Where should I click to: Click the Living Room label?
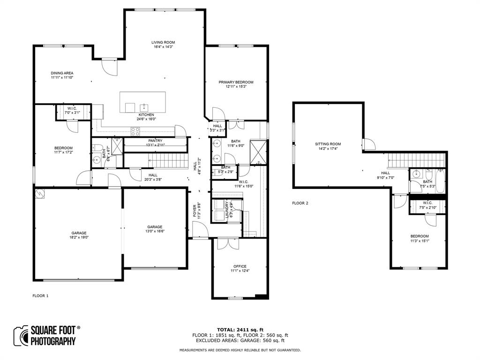(x=163, y=43)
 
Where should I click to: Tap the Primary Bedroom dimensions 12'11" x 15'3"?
(x=236, y=87)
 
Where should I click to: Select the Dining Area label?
(x=62, y=73)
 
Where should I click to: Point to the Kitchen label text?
(x=146, y=115)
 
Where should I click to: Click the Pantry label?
(x=155, y=141)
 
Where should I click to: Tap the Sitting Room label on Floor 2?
(x=328, y=144)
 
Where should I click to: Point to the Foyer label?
(x=195, y=211)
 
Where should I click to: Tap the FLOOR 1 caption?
(x=40, y=296)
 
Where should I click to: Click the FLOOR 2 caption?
(x=300, y=203)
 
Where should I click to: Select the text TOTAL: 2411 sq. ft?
(x=240, y=329)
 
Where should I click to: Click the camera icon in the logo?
(x=21, y=335)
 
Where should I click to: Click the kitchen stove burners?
(x=135, y=132)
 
